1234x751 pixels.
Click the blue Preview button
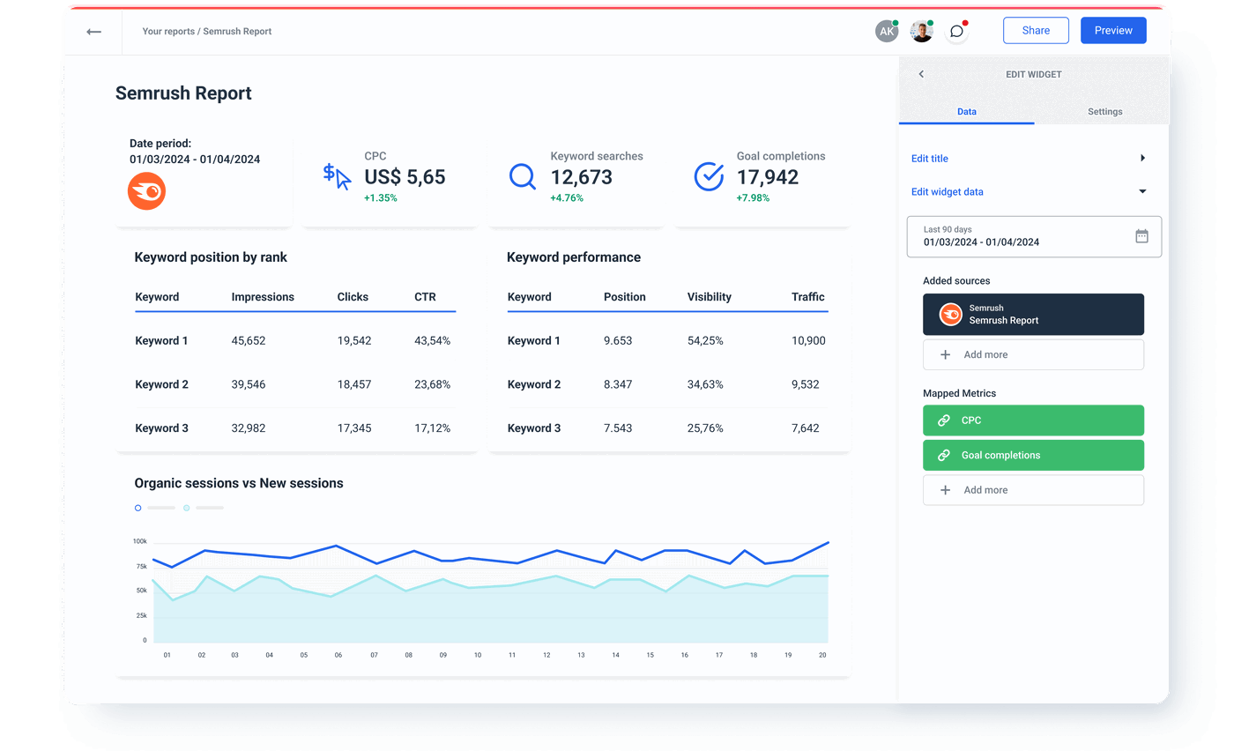pyautogui.click(x=1113, y=31)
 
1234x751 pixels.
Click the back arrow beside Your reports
pyautogui.click(x=93, y=32)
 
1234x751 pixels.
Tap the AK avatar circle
pyautogui.click(x=886, y=32)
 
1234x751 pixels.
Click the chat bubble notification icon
pyautogui.click(x=956, y=32)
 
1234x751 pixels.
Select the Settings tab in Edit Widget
pyautogui.click(x=1104, y=112)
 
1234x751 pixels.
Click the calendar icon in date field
pyautogui.click(x=1141, y=236)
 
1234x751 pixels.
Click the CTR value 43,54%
pyautogui.click(x=432, y=341)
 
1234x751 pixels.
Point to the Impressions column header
pyautogui.click(x=263, y=297)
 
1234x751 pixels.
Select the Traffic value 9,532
pyautogui.click(x=805, y=384)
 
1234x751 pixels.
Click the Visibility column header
pyautogui.click(x=709, y=297)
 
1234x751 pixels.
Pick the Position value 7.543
pyautogui.click(x=617, y=428)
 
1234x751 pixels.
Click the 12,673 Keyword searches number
pyautogui.click(x=581, y=177)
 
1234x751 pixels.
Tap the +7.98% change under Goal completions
pyautogui.click(x=753, y=198)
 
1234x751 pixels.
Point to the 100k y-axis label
pyautogui.click(x=140, y=541)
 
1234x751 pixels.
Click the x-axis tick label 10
pyautogui.click(x=478, y=656)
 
